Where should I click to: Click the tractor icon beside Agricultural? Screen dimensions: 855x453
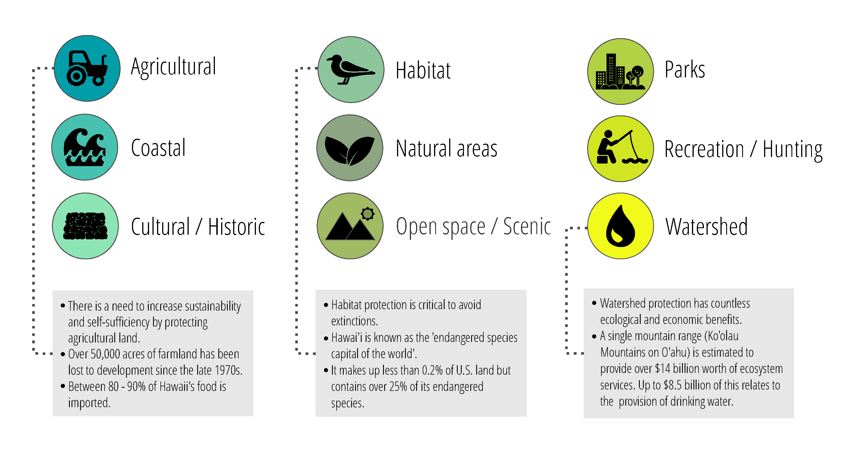coord(87,68)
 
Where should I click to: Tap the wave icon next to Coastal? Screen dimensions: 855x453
coord(85,147)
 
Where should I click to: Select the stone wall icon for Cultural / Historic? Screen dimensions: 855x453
coord(85,226)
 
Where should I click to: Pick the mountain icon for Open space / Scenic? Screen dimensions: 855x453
coord(350,224)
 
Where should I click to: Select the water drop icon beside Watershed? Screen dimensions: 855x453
coord(620,226)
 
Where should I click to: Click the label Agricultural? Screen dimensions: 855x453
coord(174,67)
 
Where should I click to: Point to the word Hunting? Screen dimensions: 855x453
coord(793,150)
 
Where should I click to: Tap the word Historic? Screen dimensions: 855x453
coord(236,227)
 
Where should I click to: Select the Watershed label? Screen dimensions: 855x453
coord(707,227)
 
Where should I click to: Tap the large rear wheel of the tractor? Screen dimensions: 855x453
coord(77,76)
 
